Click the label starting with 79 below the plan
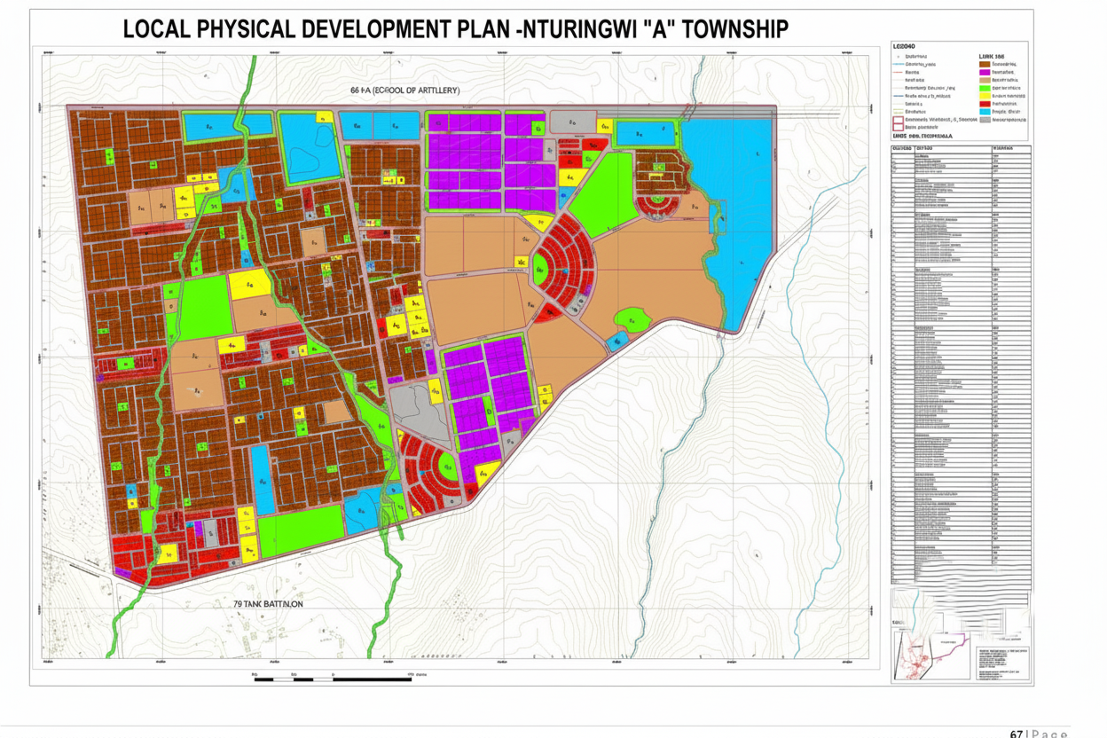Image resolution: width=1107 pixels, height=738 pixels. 268,604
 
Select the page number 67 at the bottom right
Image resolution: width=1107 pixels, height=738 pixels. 1018,733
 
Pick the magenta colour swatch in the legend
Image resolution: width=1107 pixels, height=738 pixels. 984,72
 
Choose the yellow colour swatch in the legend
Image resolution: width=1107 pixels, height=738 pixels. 984,96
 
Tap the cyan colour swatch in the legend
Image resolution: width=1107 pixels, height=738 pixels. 984,112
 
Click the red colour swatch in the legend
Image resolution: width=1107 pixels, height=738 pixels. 984,104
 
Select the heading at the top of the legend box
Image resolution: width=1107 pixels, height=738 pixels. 905,45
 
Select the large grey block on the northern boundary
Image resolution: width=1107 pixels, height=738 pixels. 572,122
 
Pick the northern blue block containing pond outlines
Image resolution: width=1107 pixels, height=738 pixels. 310,149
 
